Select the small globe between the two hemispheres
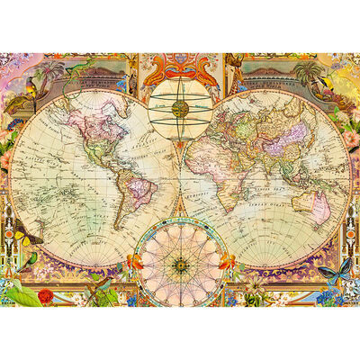(180, 109)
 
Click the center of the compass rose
(180, 265)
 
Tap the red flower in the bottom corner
(46, 295)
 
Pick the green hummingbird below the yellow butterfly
(27, 260)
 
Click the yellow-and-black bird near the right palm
(325, 83)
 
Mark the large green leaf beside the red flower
(18, 292)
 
